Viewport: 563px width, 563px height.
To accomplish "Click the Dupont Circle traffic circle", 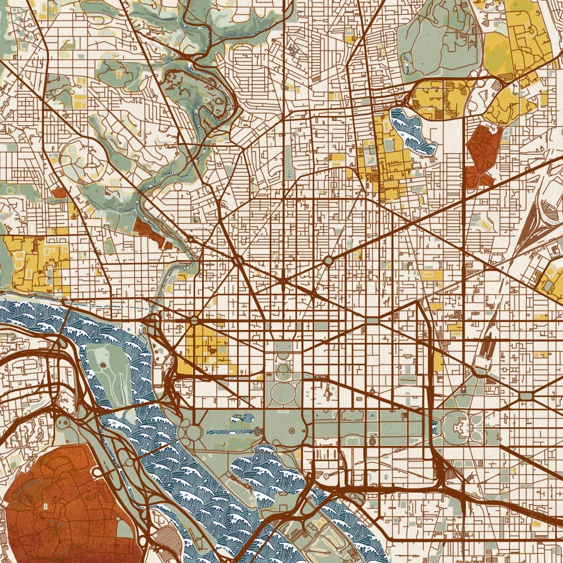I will pyautogui.click(x=238, y=261).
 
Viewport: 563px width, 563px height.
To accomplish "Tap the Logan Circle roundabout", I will pyautogui.click(x=328, y=261).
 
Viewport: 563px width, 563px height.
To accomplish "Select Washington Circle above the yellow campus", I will pyautogui.click(x=194, y=320).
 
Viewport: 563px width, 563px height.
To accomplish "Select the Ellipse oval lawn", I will pyautogui.click(x=283, y=394).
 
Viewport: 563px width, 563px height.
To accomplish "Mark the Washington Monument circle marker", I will pyautogui.click(x=258, y=431).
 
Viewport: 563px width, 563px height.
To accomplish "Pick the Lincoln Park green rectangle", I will pyautogui.click(x=527, y=396).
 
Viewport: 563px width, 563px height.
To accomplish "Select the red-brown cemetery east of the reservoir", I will pyautogui.click(x=482, y=152).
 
